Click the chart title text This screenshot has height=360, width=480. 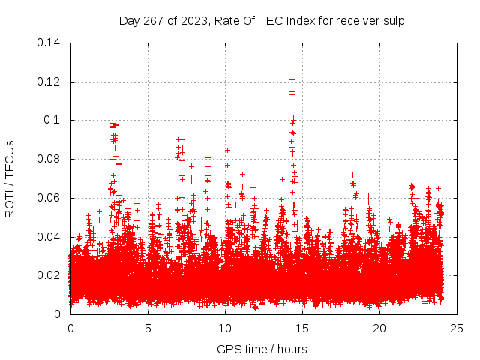[262, 21]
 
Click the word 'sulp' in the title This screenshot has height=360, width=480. [392, 21]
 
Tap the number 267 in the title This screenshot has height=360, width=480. [153, 21]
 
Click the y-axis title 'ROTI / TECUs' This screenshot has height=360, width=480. [10, 178]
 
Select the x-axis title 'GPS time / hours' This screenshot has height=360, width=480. [262, 349]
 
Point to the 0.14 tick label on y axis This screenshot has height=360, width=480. [49, 43]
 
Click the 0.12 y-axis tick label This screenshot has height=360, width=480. [49, 82]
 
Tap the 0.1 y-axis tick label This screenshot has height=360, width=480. [55, 120]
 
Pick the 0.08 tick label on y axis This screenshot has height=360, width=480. [49, 159]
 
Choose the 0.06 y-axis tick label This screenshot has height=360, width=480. [49, 198]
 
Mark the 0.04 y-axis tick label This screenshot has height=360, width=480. [49, 237]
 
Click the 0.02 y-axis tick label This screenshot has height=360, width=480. [49, 275]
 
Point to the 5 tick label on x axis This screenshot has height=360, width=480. [148, 328]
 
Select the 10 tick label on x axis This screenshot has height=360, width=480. [225, 328]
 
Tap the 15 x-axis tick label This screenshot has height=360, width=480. [302, 328]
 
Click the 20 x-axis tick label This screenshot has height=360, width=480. [379, 328]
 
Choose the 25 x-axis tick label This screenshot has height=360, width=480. [457, 328]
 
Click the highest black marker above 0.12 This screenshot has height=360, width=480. [292, 79]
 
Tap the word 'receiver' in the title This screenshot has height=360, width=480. [352, 21]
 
